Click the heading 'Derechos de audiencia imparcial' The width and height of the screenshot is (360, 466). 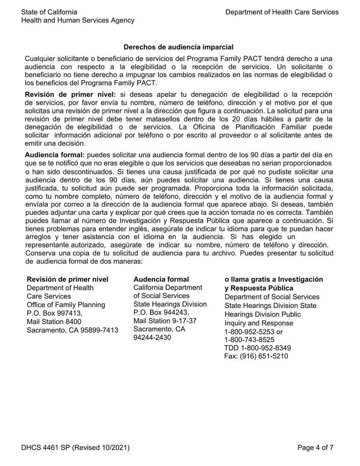tap(178, 47)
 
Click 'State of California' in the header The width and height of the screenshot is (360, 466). tap(49, 12)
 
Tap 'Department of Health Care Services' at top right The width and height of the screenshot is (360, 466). tap(282, 12)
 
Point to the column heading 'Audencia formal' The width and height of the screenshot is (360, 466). tap(161, 279)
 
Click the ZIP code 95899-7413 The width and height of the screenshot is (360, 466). tap(96, 330)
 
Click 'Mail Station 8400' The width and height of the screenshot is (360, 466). tap(54, 322)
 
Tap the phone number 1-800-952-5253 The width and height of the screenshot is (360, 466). tap(250, 332)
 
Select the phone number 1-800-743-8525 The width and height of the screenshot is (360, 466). tap(250, 340)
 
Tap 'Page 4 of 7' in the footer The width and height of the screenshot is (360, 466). tap(315, 447)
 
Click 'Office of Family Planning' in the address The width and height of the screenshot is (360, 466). tap(66, 305)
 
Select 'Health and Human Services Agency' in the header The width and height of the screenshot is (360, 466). tap(78, 20)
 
